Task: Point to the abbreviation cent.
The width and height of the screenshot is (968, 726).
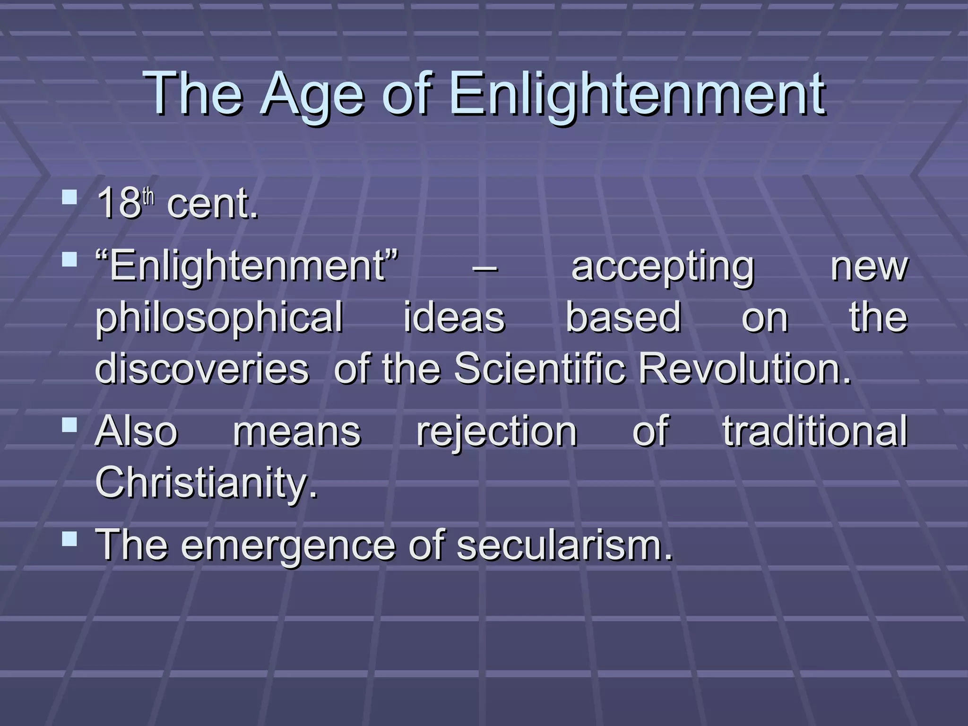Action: [x=213, y=204]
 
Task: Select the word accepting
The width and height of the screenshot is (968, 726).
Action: [x=663, y=268]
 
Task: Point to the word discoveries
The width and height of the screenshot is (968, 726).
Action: [x=202, y=369]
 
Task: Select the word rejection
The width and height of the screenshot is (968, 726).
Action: [x=496, y=432]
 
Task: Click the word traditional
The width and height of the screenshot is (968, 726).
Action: [x=814, y=431]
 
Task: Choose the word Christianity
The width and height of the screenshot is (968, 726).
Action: [x=207, y=482]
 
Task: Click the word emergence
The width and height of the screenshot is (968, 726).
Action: [x=287, y=544]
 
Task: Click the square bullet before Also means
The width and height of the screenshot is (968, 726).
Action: [x=69, y=424]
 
